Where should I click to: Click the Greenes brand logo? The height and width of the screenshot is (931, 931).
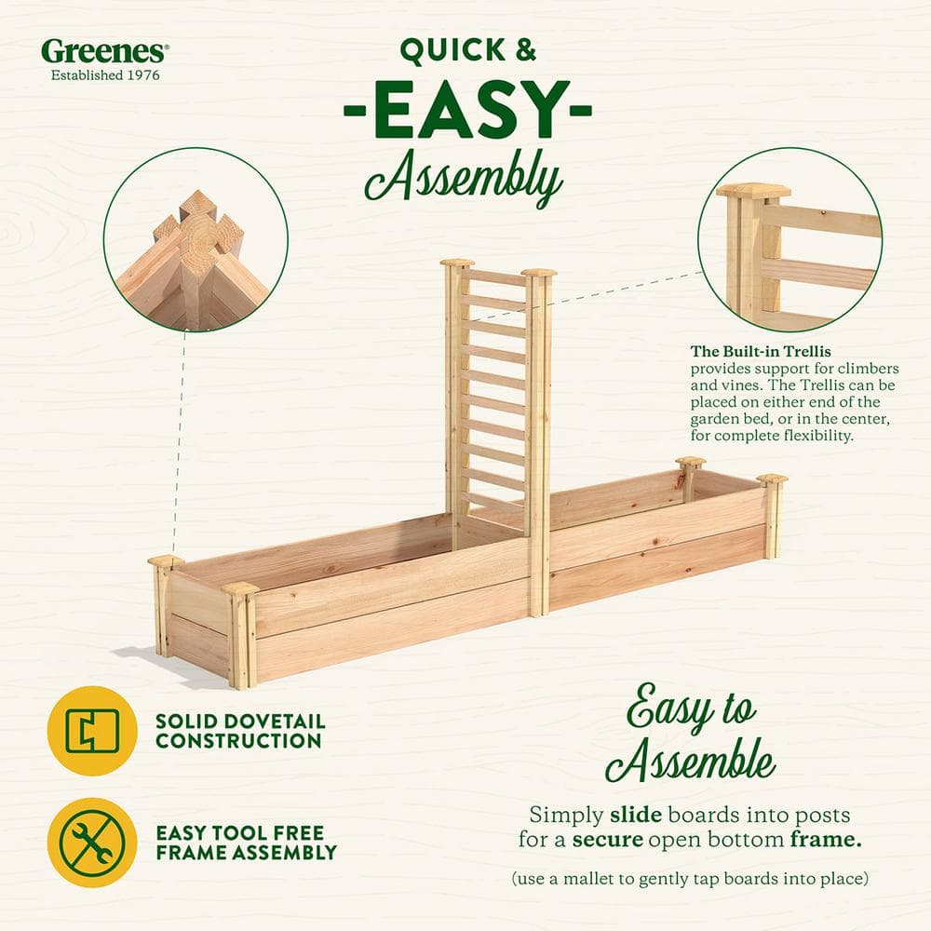pos(102,50)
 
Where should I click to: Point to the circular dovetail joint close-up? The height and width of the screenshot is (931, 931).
pos(196,239)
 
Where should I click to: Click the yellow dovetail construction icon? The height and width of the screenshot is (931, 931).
pos(92,731)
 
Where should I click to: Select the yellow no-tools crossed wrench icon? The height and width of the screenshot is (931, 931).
pos(92,842)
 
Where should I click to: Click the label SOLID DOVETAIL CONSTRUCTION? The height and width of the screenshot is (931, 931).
pos(239,732)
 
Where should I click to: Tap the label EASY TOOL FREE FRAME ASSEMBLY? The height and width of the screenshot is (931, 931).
pos(246,843)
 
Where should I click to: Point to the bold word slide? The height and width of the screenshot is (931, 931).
pos(636,815)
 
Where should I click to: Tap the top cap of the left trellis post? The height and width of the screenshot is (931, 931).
pos(457,263)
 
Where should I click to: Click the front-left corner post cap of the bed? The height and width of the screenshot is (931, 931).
pos(240,588)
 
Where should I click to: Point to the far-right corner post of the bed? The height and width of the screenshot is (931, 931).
pos(772,516)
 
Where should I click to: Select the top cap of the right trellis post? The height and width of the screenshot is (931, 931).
pos(539,273)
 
